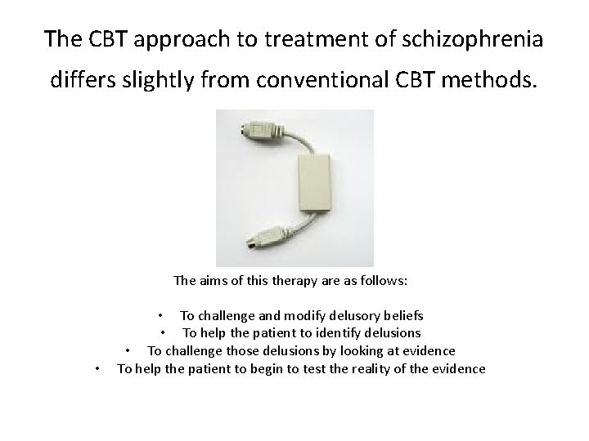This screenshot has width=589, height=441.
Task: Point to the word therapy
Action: click(x=287, y=281)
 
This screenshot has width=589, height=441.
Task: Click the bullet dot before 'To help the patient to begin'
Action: click(x=97, y=370)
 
